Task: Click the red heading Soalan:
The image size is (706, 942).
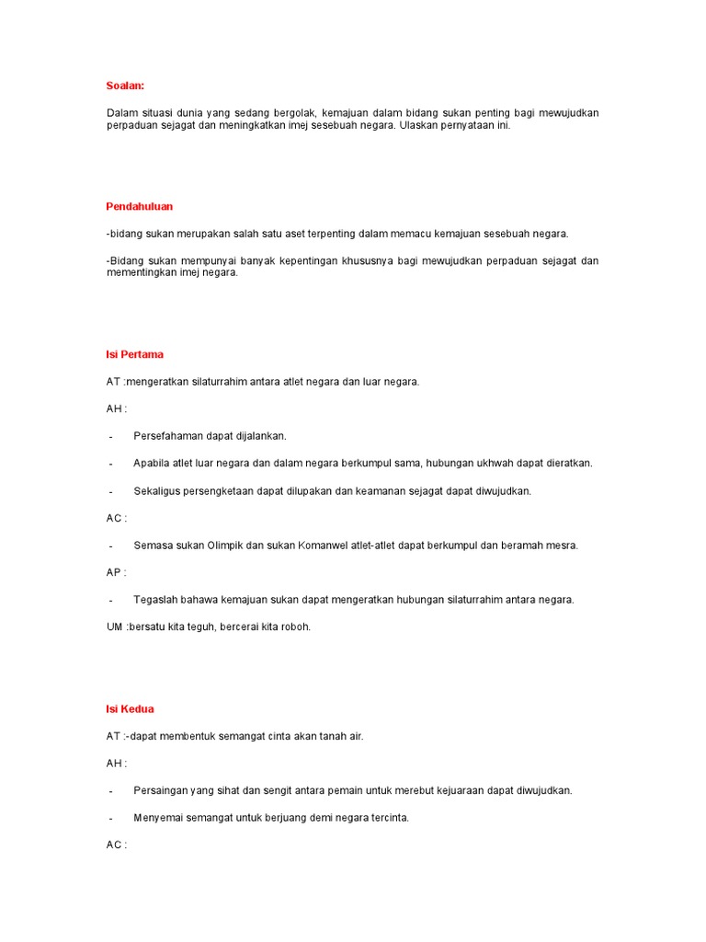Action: [x=125, y=86]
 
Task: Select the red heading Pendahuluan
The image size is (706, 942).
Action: [x=140, y=206]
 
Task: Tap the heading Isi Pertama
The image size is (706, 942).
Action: [x=135, y=354]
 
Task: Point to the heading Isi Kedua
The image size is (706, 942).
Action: [x=131, y=709]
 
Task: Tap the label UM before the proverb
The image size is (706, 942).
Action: [x=114, y=626]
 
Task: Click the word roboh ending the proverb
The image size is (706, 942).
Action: [x=294, y=626]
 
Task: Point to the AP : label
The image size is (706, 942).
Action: [x=116, y=572]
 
